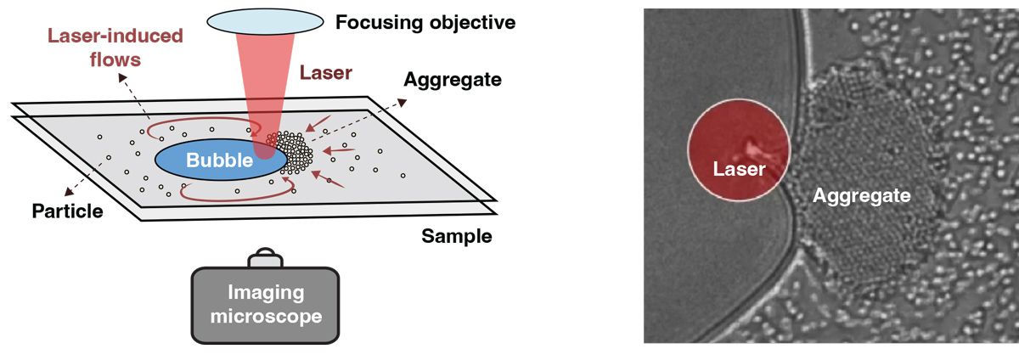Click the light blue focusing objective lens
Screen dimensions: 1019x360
pos(265,21)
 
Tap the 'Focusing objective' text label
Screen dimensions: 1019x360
pos(425,22)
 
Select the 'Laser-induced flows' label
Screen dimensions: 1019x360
pos(115,48)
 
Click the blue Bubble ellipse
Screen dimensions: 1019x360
pos(221,160)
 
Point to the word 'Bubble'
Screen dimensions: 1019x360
pos(219,160)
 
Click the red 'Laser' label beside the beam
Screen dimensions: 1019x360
pos(326,73)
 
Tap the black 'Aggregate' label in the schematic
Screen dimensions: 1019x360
pos(453,80)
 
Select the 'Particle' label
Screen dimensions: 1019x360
pos(67,211)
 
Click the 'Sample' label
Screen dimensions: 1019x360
pos(457,236)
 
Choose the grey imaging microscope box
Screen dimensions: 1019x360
pos(265,305)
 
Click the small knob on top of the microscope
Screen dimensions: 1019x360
pos(266,257)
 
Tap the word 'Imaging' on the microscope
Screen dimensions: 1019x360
pos(266,293)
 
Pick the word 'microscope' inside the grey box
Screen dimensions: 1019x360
pos(266,316)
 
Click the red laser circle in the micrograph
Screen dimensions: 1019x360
pos(739,149)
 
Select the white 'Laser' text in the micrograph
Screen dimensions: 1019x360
pos(740,169)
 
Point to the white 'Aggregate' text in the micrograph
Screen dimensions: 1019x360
pos(862,196)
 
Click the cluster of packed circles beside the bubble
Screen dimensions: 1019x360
pos(291,153)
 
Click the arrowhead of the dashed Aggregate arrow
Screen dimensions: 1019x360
pos(403,103)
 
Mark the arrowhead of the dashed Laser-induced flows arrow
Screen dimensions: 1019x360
pos(122,78)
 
